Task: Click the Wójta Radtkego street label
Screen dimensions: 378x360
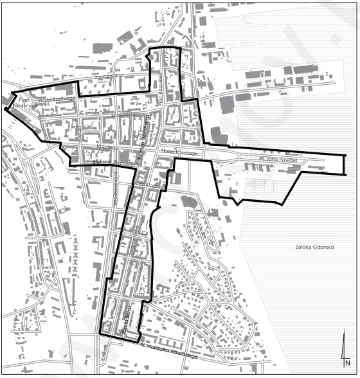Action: (x=57, y=100)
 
